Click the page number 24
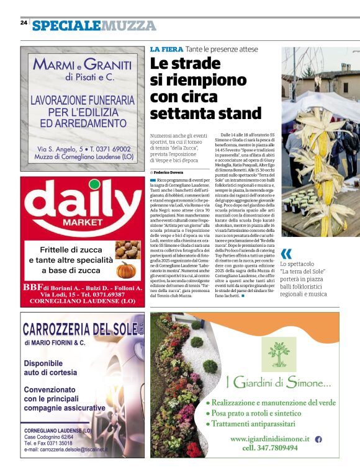pyautogui.click(x=24, y=22)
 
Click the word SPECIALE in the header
pyautogui.click(x=66, y=25)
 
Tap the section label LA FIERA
pyautogui.click(x=166, y=49)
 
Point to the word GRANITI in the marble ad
pyautogui.click(x=107, y=64)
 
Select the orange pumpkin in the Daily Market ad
pyautogui.click(x=126, y=270)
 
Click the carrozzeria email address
pyautogui.click(x=66, y=449)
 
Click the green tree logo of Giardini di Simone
pyautogui.click(x=279, y=353)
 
